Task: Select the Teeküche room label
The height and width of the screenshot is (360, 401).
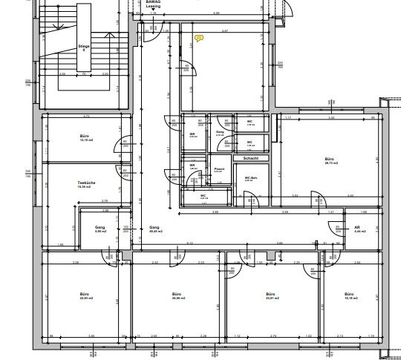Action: (85, 183)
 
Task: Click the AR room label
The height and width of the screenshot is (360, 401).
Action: (356, 229)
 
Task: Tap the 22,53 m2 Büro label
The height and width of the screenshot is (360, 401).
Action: (84, 297)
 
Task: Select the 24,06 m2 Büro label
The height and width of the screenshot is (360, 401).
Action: (176, 297)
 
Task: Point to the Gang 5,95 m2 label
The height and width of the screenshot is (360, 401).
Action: (100, 230)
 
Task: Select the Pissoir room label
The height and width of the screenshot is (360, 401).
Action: (220, 170)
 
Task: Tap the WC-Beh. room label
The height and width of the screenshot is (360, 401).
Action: (250, 178)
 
